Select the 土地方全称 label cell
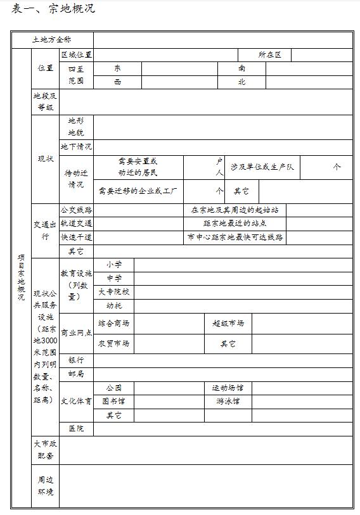(x=52, y=40)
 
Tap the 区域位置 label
(x=76, y=55)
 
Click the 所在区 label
(x=269, y=55)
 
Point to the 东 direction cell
(x=117, y=68)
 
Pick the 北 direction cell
(x=241, y=82)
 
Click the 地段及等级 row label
(x=45, y=101)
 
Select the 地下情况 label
(x=76, y=147)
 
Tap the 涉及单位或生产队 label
(x=262, y=167)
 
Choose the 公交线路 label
(x=76, y=210)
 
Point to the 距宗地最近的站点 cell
(x=235, y=224)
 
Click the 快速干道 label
(x=76, y=237)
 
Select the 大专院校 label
(x=114, y=292)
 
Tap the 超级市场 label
(x=228, y=323)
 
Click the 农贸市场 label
(x=114, y=343)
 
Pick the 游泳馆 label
(x=228, y=401)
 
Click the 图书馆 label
(x=114, y=401)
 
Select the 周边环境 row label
(x=45, y=486)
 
